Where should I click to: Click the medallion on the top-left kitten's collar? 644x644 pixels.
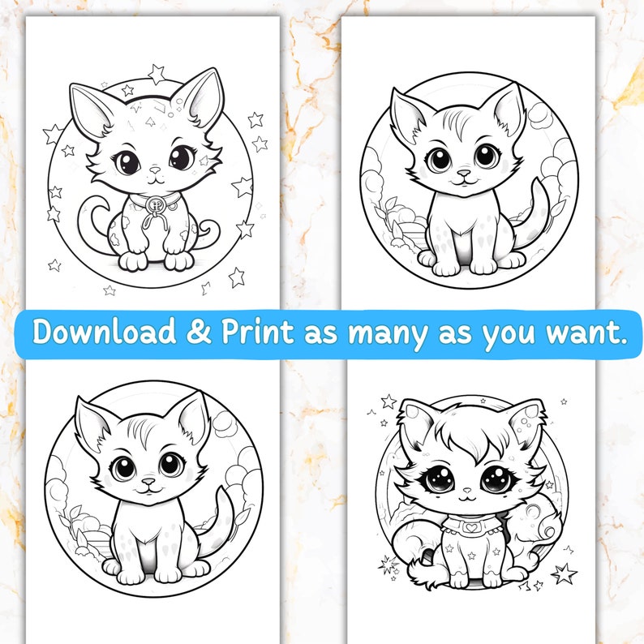coord(152,202)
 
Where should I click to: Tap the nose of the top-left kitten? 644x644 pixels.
coord(153,171)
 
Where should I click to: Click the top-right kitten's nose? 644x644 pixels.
coord(463,174)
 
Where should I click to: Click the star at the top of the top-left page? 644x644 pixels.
coord(157,74)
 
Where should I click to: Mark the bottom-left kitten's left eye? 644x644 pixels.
coord(125,466)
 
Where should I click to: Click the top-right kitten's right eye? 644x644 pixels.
coord(486,156)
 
